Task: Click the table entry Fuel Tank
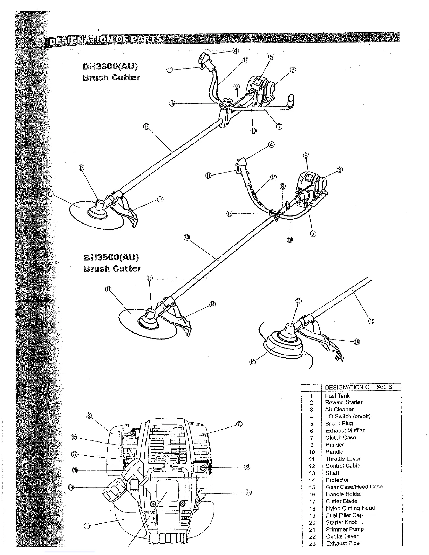[337, 396]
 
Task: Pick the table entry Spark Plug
[339, 423]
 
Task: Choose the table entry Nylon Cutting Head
[350, 508]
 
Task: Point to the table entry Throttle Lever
[343, 459]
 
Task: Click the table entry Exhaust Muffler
[345, 430]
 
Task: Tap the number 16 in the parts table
[312, 494]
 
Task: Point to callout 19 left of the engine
[70, 487]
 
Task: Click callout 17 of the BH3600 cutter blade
[51, 194]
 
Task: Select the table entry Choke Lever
[342, 536]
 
